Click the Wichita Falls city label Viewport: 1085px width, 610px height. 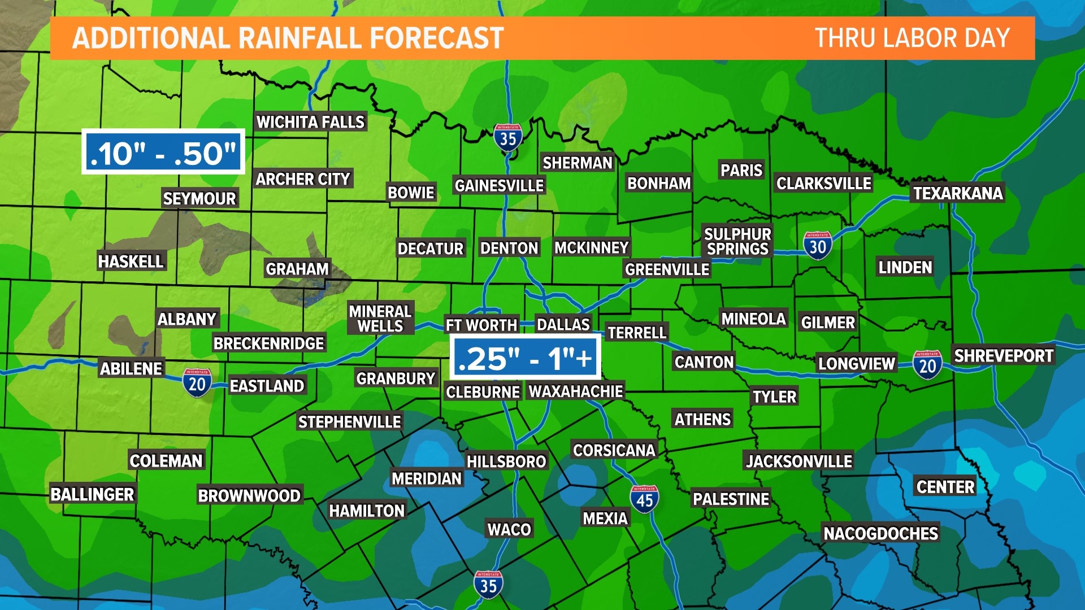[310, 122]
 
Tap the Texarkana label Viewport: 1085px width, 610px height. [958, 193]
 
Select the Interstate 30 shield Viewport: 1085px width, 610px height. [817, 246]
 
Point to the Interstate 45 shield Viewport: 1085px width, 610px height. [644, 499]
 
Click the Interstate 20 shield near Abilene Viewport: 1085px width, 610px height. [197, 383]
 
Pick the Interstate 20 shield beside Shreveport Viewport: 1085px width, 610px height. [927, 365]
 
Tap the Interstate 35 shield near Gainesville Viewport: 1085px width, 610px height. [507, 137]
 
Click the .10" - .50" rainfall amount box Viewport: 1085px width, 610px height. [163, 152]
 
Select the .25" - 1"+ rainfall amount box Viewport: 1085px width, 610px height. [525, 358]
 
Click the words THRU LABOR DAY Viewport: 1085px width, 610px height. [912, 38]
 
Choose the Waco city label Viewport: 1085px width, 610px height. [509, 529]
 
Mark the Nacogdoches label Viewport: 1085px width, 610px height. [880, 533]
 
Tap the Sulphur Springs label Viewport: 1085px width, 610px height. [737, 241]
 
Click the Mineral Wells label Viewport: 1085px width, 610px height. [380, 319]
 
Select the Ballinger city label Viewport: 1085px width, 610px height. [92, 494]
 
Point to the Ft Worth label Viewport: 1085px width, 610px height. [481, 325]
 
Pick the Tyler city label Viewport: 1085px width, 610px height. [774, 396]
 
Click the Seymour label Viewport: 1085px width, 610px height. [199, 199]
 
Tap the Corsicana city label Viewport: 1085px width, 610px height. [614, 450]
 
